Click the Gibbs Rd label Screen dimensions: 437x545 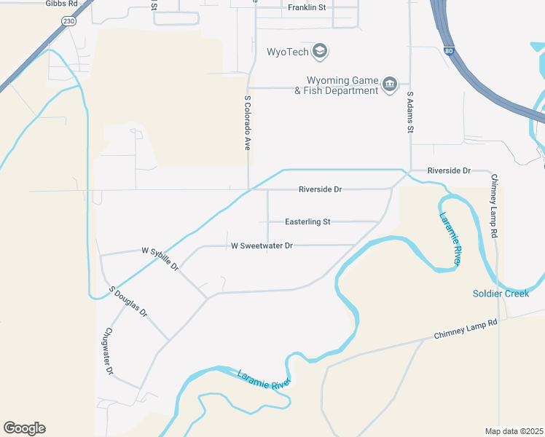click(x=61, y=4)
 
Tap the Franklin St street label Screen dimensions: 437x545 click(x=307, y=7)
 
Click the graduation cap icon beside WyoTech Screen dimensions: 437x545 click(x=319, y=51)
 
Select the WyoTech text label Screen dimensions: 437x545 click(x=286, y=52)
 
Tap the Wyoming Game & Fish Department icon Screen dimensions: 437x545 click(x=390, y=85)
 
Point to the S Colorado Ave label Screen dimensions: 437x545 click(x=248, y=123)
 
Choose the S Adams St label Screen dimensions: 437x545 click(x=410, y=112)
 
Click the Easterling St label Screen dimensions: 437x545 click(x=307, y=221)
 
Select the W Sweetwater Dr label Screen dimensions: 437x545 click(x=262, y=246)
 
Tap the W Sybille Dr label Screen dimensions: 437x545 click(x=161, y=258)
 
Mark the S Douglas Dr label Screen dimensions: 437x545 click(x=128, y=302)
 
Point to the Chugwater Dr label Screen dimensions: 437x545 click(x=109, y=352)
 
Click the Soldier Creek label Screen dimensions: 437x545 click(x=501, y=294)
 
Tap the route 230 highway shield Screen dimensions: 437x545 click(x=68, y=22)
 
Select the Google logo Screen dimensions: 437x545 click(x=25, y=428)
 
